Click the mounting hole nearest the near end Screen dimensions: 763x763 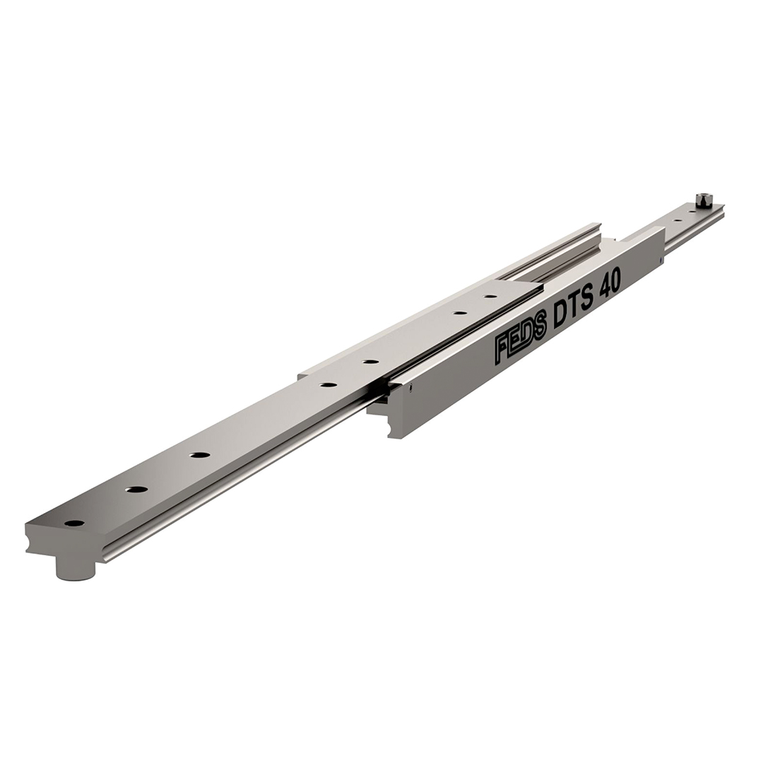pos(74,524)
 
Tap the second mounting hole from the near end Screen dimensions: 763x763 pos(137,489)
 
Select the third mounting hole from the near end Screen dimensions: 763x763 pos(199,455)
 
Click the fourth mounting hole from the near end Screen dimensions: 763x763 pos(329,385)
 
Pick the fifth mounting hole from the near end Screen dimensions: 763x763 pos(370,362)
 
